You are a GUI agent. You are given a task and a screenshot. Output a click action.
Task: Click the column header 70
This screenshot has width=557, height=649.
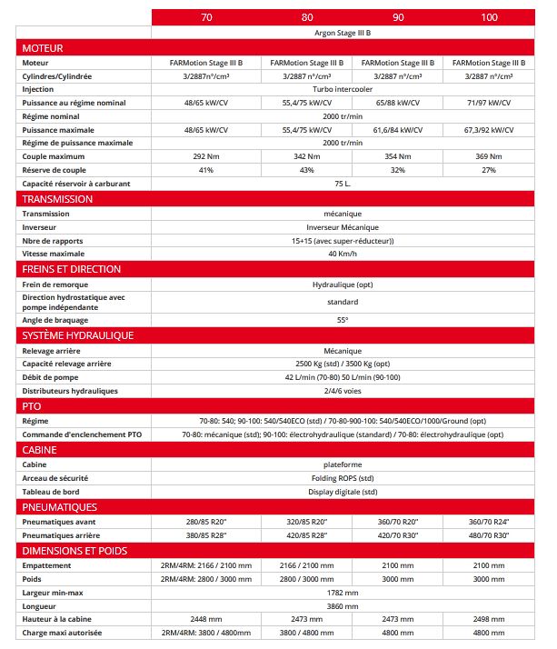[205, 17]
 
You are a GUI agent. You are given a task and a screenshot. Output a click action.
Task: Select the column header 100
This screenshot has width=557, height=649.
[490, 17]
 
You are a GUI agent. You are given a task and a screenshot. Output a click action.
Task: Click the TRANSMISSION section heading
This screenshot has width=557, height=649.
[57, 199]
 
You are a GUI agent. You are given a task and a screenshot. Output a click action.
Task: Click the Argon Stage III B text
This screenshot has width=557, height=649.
[348, 32]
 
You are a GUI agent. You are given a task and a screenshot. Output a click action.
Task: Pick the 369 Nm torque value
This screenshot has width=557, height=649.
[490, 156]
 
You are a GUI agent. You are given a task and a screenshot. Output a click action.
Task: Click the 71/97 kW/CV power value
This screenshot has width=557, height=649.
[490, 103]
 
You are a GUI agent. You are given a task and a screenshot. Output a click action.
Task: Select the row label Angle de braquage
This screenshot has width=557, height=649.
[55, 320]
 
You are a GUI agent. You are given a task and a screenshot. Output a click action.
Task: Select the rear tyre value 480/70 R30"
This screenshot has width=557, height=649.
[490, 535]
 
